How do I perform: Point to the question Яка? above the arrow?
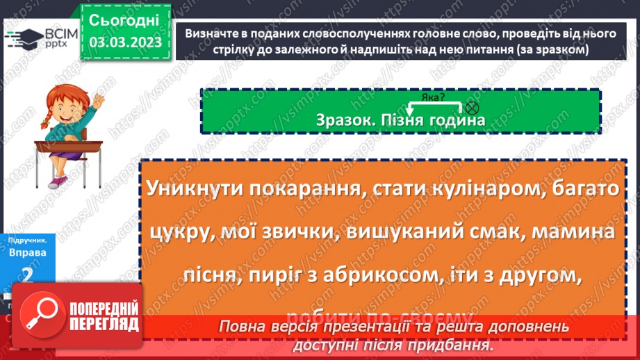click(x=433, y=97)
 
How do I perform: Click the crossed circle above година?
click(x=473, y=107)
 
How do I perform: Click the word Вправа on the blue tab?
click(x=28, y=252)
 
